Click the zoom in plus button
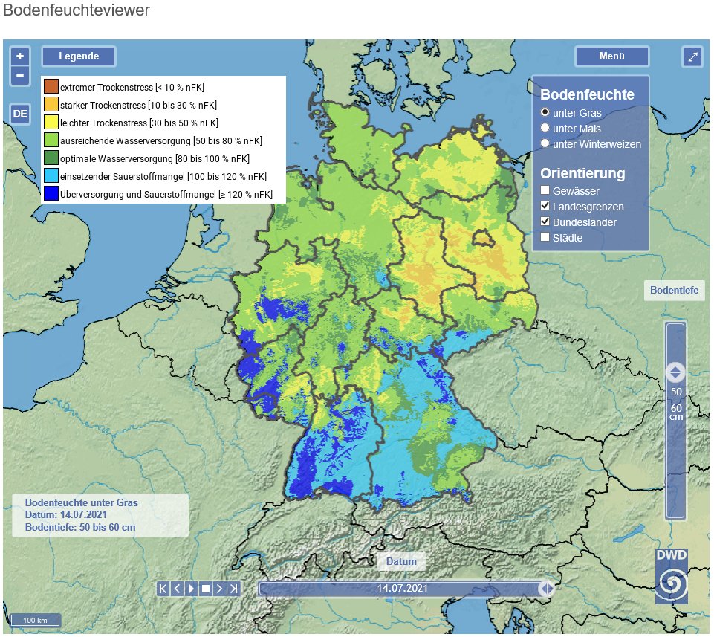point(20,56)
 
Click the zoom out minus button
point(20,75)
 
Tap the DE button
point(20,114)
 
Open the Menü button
point(611,56)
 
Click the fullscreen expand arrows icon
point(692,56)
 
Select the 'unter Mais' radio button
point(545,129)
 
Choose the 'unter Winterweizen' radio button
point(545,144)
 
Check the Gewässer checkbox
point(545,191)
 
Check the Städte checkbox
point(545,238)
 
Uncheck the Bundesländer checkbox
point(545,222)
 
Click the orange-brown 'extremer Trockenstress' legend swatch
point(51,87)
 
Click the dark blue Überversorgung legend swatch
point(51,195)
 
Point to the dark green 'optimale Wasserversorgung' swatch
point(51,158)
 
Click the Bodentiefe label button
point(674,290)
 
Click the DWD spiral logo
point(672,584)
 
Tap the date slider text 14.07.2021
point(401,588)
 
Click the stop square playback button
point(205,589)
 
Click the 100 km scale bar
point(35,620)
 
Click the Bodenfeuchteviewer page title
point(77,10)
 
